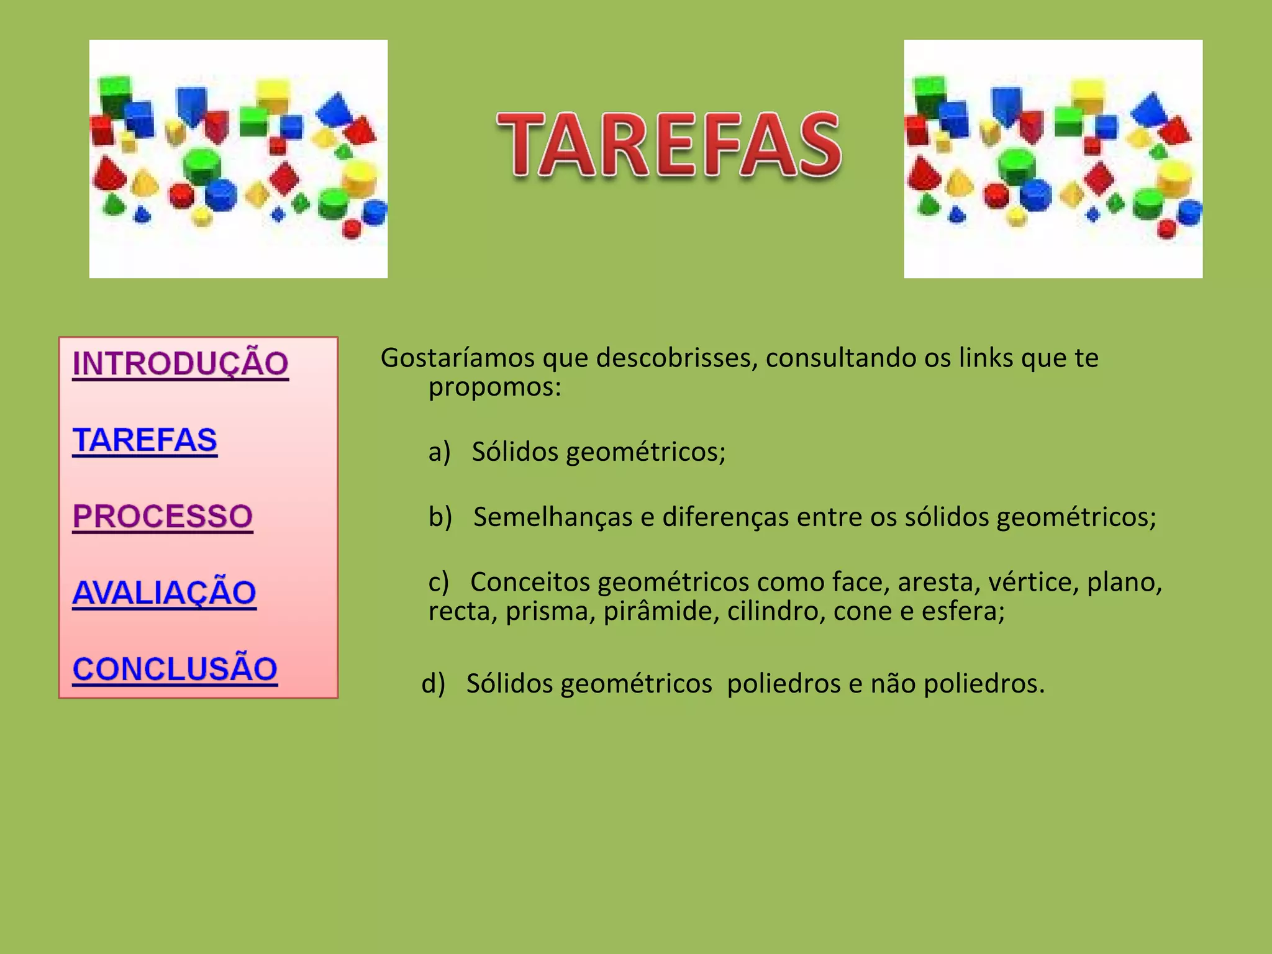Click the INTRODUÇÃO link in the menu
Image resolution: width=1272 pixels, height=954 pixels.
(180, 363)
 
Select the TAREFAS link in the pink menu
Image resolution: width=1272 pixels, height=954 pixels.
(145, 440)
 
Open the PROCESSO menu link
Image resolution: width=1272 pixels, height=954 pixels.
(163, 516)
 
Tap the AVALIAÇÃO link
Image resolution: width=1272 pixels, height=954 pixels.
(164, 593)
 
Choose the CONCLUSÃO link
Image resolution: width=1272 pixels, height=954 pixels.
(175, 669)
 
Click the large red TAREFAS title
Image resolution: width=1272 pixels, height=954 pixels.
(669, 145)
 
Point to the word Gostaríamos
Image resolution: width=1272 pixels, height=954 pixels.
(457, 358)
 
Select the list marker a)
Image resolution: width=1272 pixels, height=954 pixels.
(438, 452)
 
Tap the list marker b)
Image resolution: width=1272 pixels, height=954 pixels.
(440, 517)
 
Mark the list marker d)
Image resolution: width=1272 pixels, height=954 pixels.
(433, 684)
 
